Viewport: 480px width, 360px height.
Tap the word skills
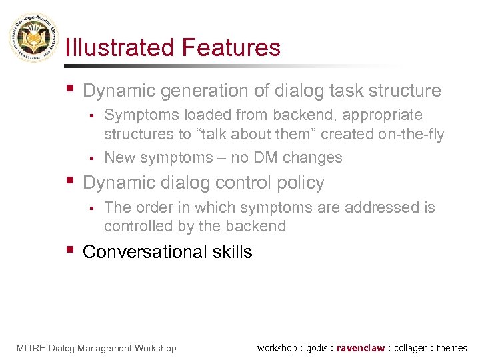tap(229, 252)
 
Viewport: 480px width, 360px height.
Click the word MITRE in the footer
tap(31, 348)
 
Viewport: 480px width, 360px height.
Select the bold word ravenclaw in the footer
tap(361, 348)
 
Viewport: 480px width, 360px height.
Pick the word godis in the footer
tap(317, 348)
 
